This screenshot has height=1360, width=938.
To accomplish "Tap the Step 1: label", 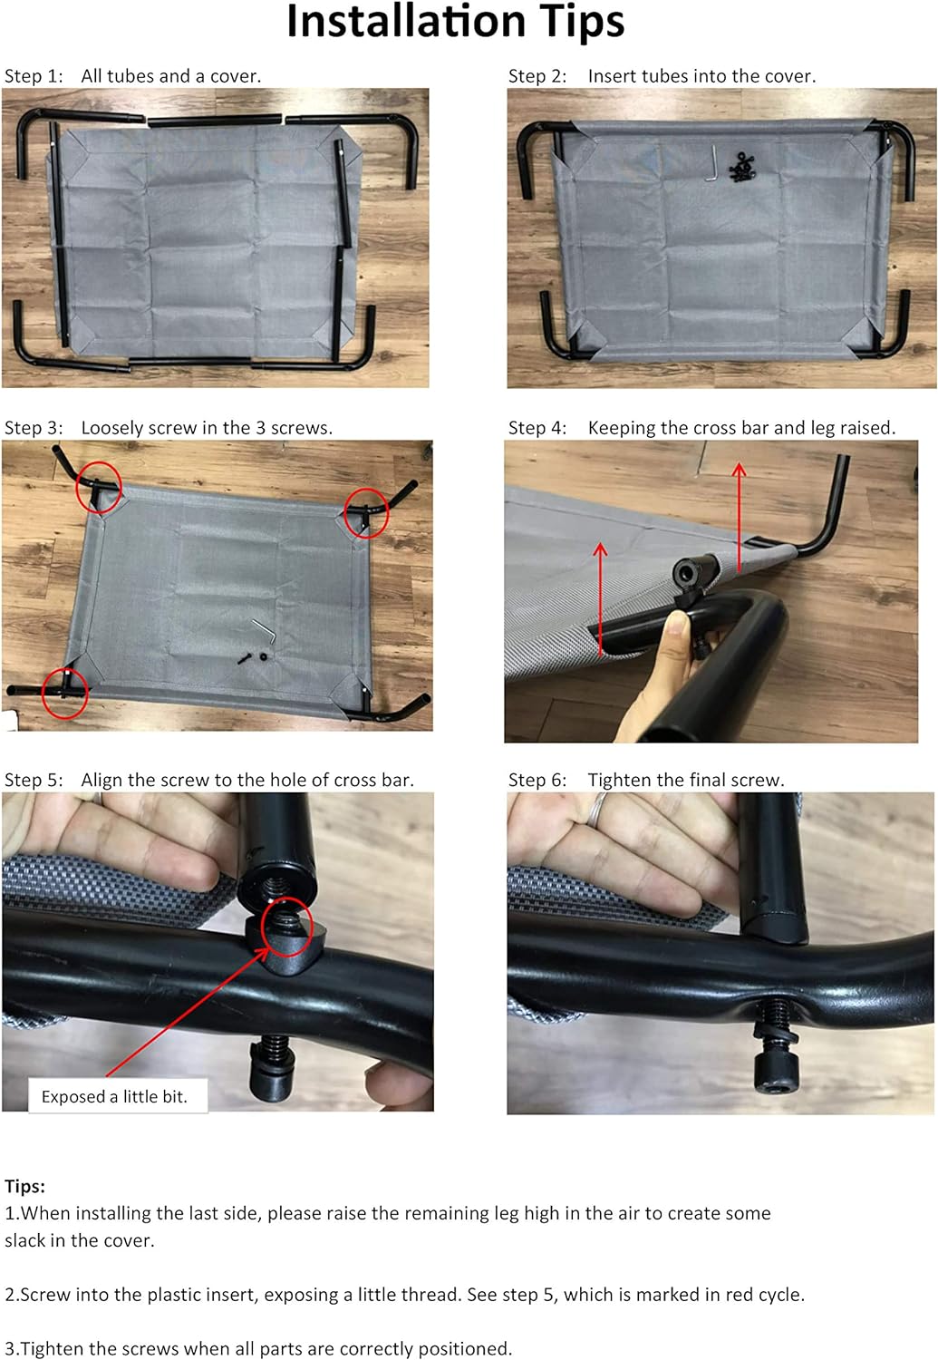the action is point(34,76).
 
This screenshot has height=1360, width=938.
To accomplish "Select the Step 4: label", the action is point(537,428).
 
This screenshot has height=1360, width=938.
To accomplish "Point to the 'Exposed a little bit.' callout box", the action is point(119,1096).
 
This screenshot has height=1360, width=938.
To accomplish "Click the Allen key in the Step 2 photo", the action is point(714,162).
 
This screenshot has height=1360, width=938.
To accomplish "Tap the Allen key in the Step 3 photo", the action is point(265,631).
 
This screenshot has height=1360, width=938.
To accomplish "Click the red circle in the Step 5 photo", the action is point(286,928).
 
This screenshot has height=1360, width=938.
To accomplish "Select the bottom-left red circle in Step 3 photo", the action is point(65,694).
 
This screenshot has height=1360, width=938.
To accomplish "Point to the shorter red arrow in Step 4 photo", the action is point(601,599).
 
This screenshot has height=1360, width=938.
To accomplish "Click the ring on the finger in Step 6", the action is point(597,809).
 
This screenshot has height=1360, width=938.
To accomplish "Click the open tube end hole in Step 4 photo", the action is point(686,571).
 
